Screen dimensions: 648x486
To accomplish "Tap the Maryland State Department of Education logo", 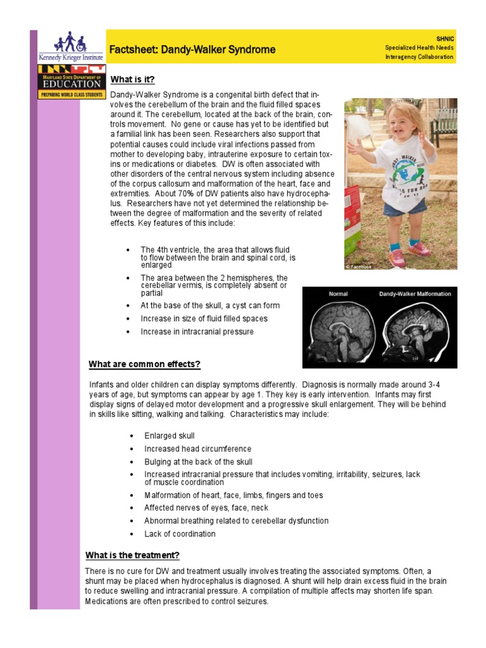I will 71,81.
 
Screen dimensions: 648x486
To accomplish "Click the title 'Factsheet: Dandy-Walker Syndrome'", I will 192,49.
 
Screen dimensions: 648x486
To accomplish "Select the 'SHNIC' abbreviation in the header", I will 445,39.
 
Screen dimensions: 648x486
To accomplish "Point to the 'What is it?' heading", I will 132,79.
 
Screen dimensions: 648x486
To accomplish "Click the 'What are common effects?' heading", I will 144,364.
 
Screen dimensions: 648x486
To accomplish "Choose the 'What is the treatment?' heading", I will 133,555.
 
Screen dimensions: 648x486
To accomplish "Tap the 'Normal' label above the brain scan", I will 338,294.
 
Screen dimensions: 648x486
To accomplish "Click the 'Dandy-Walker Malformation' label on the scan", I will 414,294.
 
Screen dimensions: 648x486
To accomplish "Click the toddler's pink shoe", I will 398,258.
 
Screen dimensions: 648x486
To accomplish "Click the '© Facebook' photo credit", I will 358,266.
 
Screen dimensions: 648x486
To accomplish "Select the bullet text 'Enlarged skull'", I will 169,436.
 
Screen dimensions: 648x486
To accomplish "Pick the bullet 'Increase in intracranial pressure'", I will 197,332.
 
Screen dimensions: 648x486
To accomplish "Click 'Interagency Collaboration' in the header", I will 419,57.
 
